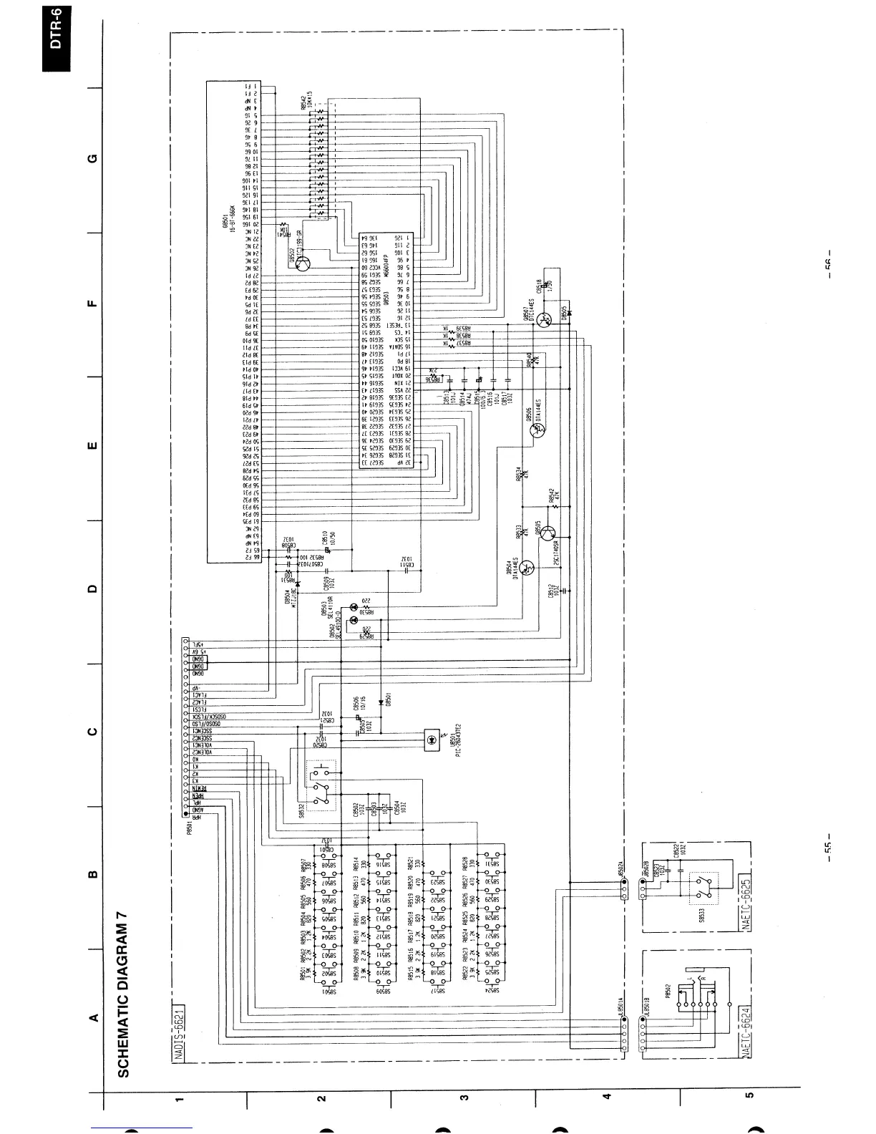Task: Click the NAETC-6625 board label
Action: tap(745, 905)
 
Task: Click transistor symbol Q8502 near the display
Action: tap(304, 264)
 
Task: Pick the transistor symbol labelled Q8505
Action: tap(547, 533)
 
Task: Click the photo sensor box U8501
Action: tap(432, 741)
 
